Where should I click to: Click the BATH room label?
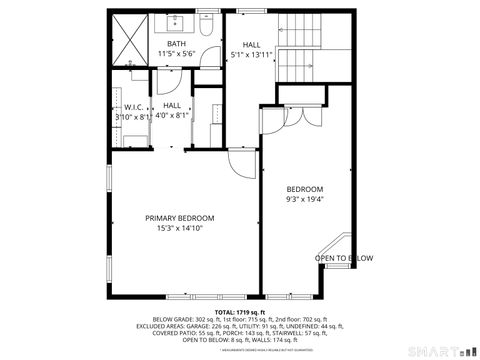(x=176, y=44)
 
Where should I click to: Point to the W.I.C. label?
(x=133, y=107)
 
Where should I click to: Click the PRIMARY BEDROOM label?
(x=179, y=218)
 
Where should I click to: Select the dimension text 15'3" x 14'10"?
(x=179, y=228)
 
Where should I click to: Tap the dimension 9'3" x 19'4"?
(x=304, y=198)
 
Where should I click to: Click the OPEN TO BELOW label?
(x=344, y=258)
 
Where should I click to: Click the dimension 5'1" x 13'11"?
(x=251, y=54)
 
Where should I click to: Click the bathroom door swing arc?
(x=208, y=57)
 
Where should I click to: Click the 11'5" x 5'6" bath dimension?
(x=176, y=54)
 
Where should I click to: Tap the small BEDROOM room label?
(x=304, y=189)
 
